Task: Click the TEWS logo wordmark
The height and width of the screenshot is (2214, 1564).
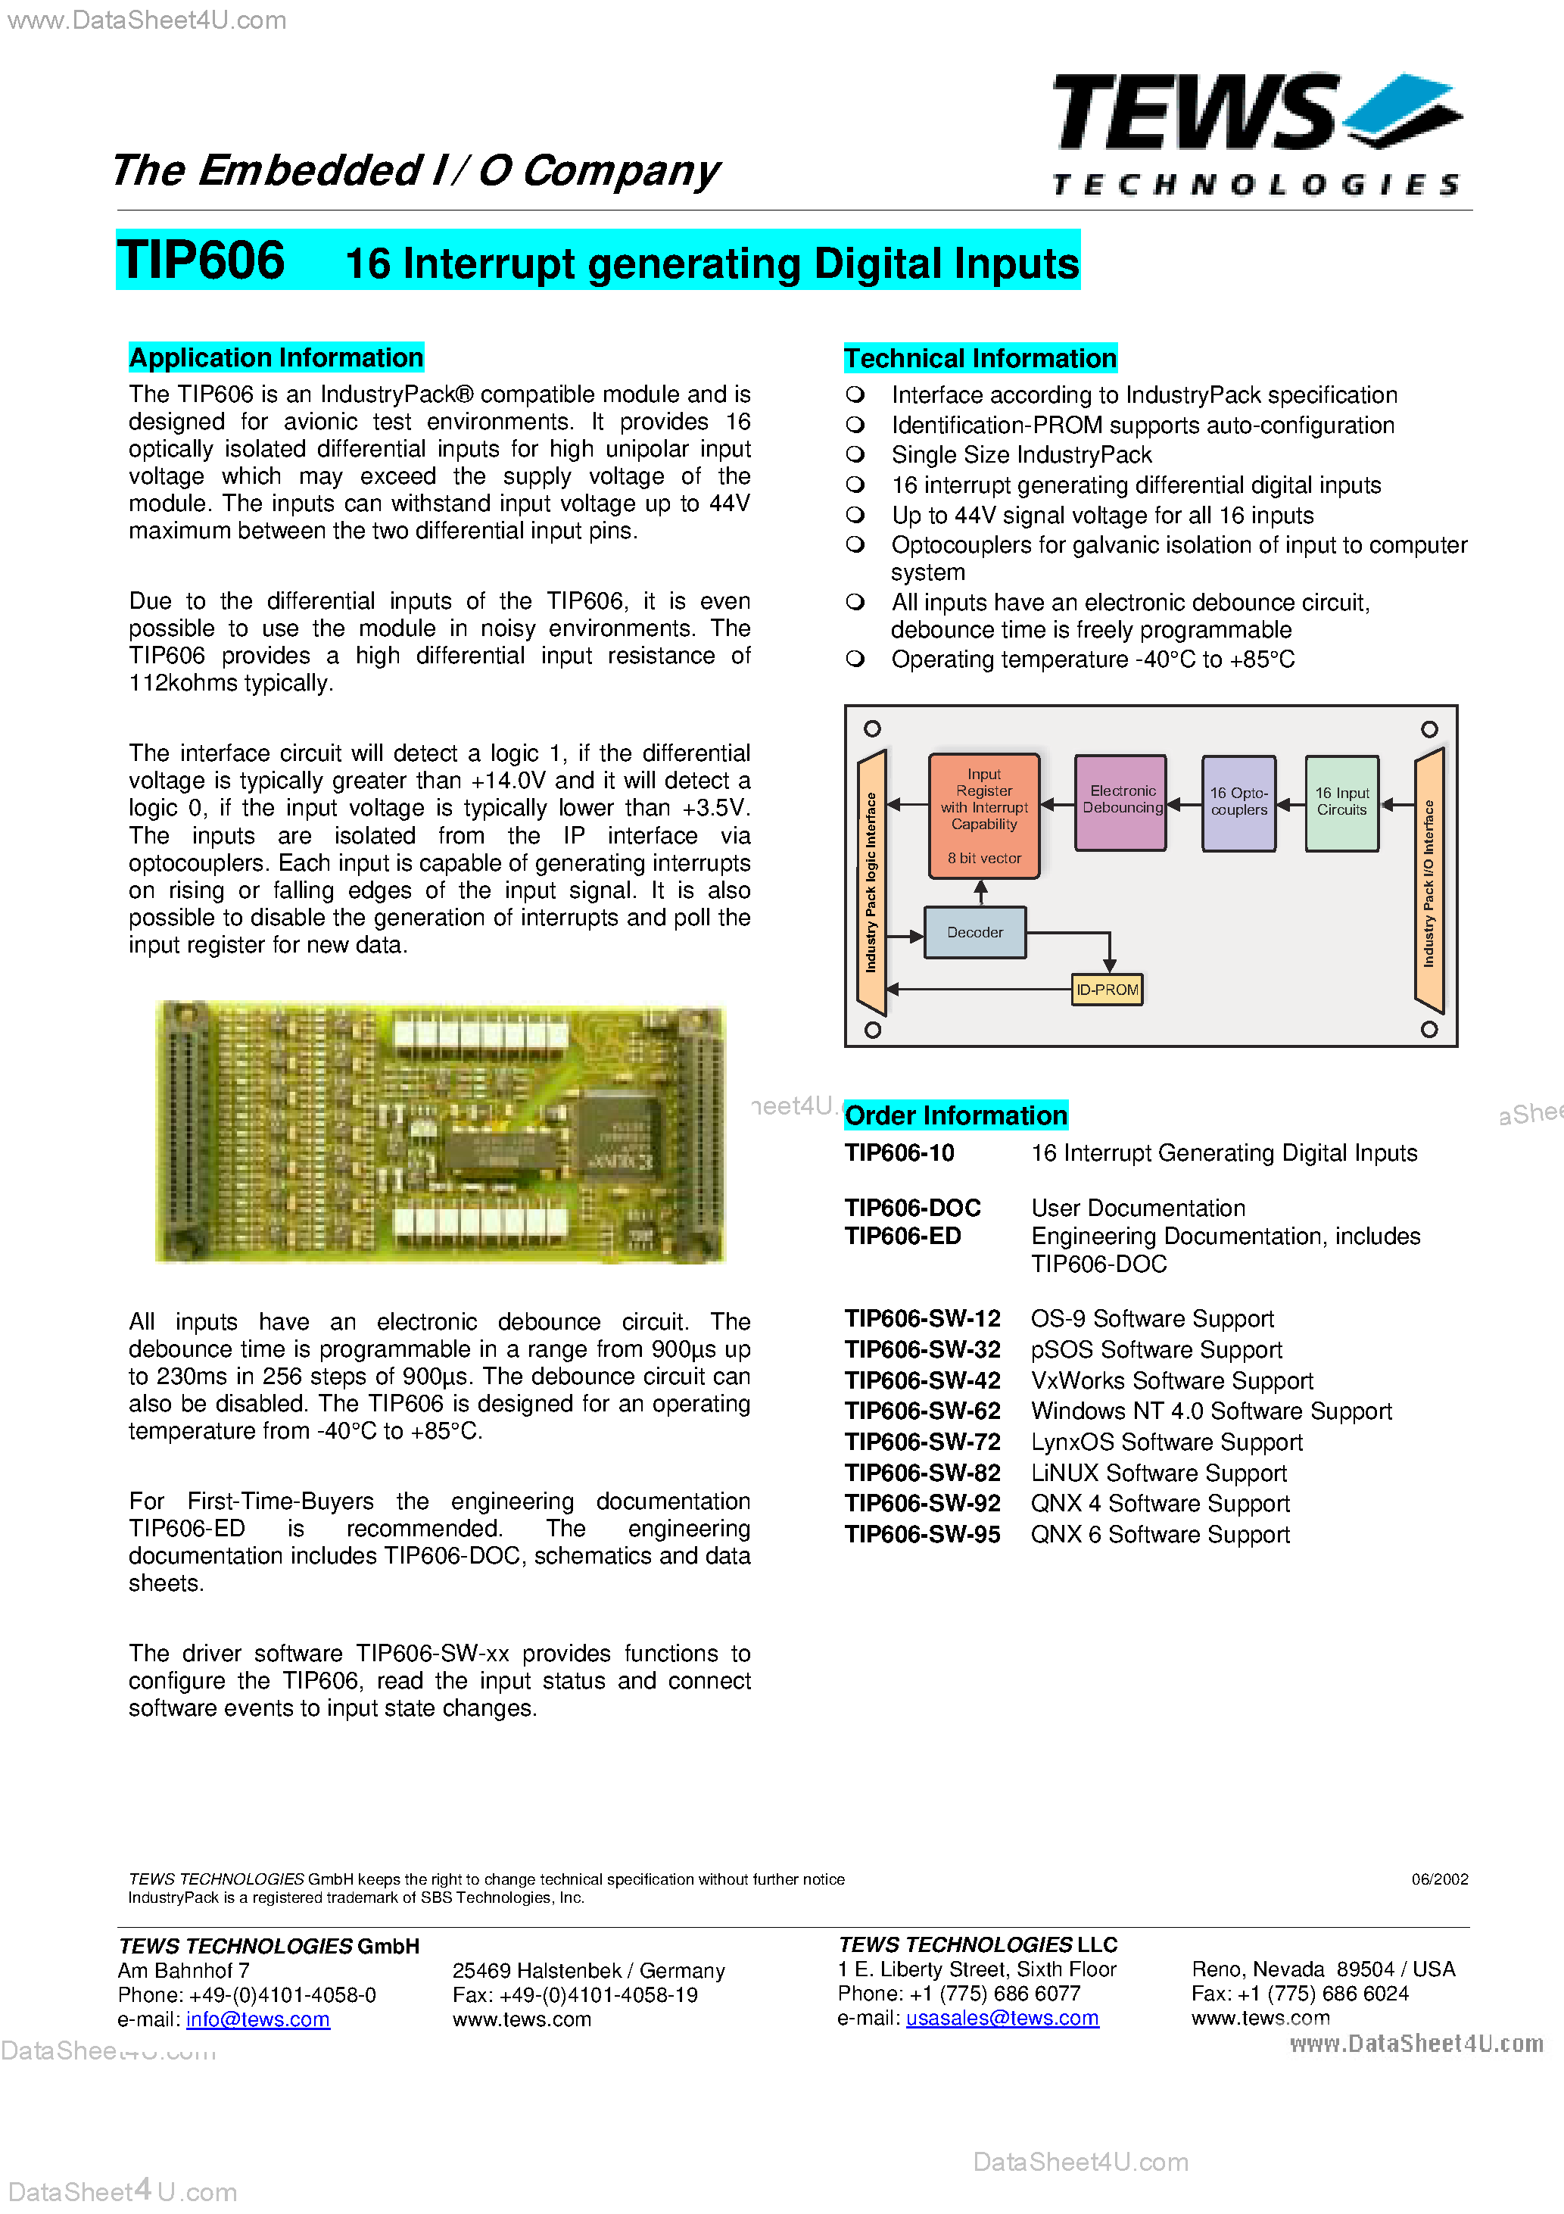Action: point(1195,114)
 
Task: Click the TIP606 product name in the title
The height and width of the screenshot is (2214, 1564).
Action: point(201,260)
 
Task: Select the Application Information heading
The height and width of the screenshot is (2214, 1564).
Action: point(276,357)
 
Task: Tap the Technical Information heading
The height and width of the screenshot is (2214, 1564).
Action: point(980,359)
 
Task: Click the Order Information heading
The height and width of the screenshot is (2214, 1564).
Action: point(955,1115)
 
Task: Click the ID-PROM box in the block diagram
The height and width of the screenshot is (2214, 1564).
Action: point(1107,990)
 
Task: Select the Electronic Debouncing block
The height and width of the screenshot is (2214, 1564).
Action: point(1121,800)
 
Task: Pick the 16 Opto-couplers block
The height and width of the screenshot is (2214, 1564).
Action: point(1238,803)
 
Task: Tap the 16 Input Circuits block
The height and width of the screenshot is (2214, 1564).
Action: point(1341,803)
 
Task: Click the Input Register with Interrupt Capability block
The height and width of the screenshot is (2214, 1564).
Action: point(983,815)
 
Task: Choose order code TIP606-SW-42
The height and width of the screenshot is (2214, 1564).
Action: point(922,1381)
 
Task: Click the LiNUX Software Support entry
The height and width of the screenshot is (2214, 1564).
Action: point(1158,1473)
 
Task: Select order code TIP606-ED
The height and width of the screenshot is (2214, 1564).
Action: point(902,1236)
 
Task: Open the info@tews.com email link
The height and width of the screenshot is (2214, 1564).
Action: point(257,2019)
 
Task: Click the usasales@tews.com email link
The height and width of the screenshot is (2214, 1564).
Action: point(1002,2018)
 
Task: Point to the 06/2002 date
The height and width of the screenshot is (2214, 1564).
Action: point(1438,1879)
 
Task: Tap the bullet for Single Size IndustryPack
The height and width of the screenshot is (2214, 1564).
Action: point(855,454)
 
